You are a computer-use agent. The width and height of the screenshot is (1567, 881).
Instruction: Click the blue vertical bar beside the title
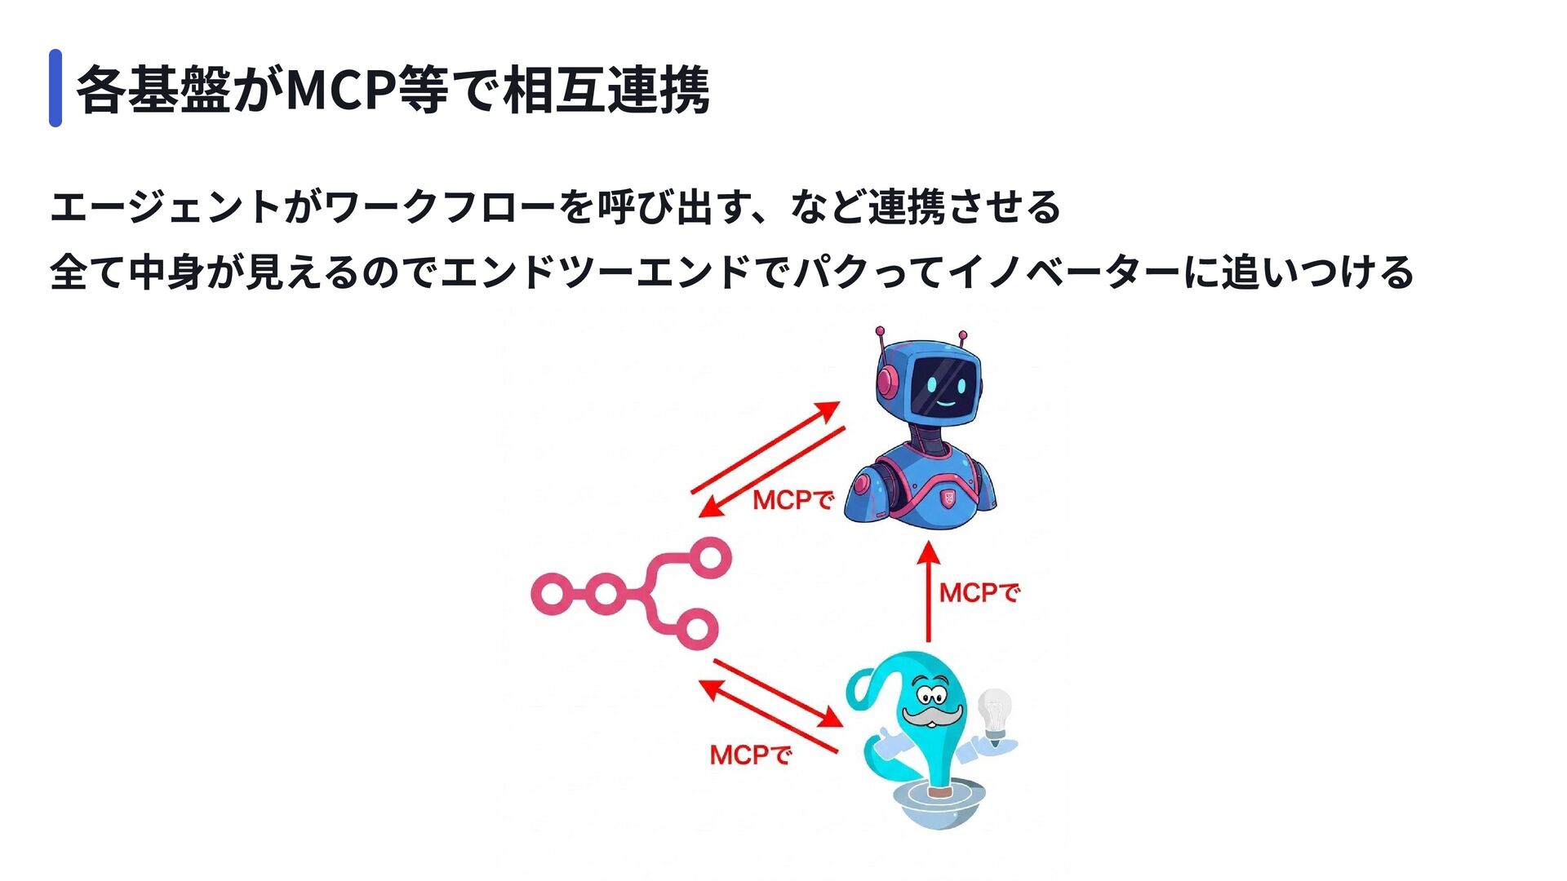click(x=55, y=88)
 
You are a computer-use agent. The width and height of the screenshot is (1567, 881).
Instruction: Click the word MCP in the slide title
click(x=341, y=90)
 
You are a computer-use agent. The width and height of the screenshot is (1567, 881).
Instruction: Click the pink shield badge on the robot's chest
click(x=948, y=498)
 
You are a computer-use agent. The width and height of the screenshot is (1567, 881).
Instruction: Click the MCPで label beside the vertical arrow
click(x=979, y=593)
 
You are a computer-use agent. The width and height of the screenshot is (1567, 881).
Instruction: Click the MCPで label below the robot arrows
click(x=792, y=500)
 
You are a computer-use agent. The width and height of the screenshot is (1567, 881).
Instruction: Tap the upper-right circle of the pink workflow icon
click(x=710, y=558)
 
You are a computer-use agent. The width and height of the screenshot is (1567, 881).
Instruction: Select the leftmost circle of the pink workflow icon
click(x=552, y=593)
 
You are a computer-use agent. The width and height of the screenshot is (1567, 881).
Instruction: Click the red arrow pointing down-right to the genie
click(x=778, y=693)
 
